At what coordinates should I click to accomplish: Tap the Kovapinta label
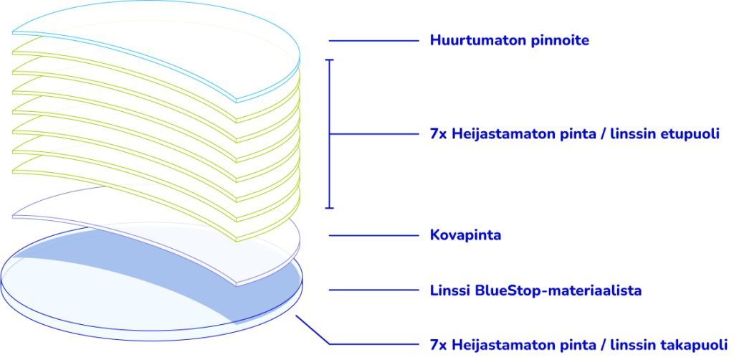[x=465, y=235]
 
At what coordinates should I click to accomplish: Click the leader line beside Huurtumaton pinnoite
[x=373, y=41]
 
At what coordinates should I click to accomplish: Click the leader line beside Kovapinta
[x=373, y=235]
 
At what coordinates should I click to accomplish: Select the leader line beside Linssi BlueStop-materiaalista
[x=373, y=290]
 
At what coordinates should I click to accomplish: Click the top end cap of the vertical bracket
[x=330, y=60]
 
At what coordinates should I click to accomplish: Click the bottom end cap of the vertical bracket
[x=330, y=208]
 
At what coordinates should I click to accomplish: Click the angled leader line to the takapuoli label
[x=313, y=331]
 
